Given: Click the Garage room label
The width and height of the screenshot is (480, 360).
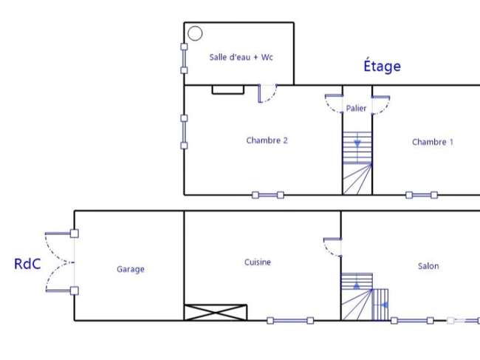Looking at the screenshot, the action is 131,269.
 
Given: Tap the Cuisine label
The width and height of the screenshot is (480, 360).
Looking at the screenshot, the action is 258,262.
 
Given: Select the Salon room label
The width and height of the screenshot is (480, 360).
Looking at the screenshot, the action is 428,266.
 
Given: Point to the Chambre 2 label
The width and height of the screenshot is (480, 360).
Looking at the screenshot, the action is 267,140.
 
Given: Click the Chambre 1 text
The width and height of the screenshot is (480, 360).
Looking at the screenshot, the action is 433,142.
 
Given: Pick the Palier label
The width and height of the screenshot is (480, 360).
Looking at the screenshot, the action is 356,108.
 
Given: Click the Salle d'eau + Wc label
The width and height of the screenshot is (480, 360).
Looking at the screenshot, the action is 241,58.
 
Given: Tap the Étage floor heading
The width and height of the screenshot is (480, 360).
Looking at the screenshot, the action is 382,66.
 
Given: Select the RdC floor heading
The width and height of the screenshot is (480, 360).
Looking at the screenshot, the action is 27,264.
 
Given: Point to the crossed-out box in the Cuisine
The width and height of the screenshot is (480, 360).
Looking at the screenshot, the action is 216,313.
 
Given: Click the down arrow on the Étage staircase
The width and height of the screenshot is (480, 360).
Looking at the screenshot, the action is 357,143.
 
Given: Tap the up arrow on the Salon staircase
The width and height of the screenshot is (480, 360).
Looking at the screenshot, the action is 357,286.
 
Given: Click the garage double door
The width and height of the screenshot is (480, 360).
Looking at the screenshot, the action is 61,262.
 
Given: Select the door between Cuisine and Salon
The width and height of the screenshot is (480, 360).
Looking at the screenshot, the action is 333,247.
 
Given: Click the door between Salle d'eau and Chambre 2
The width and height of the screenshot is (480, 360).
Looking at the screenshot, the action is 267,93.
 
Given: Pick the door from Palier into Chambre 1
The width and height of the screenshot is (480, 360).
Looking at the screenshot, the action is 381,105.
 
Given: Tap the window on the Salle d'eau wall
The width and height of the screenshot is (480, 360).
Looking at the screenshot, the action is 184,58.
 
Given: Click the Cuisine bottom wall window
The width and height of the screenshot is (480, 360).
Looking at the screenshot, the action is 290,321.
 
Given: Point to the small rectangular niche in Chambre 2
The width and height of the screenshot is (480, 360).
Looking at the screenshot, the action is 228,89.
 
